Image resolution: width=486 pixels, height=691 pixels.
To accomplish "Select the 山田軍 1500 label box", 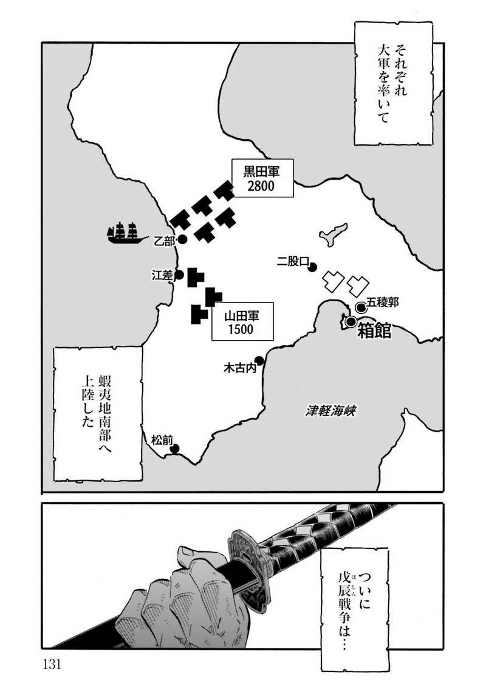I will (x=241, y=322).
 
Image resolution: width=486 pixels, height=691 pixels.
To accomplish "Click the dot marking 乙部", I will (x=182, y=240).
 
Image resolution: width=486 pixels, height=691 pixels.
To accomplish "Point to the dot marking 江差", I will (x=179, y=275).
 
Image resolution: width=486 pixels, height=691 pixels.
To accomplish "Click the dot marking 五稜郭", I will (x=361, y=307).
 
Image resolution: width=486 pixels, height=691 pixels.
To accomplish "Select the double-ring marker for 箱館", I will (x=351, y=322).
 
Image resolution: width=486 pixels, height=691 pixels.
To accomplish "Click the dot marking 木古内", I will (x=259, y=360).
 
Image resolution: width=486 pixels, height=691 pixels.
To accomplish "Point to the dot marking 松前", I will (x=175, y=449).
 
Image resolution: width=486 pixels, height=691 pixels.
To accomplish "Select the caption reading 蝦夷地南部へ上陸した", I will (x=97, y=413).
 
